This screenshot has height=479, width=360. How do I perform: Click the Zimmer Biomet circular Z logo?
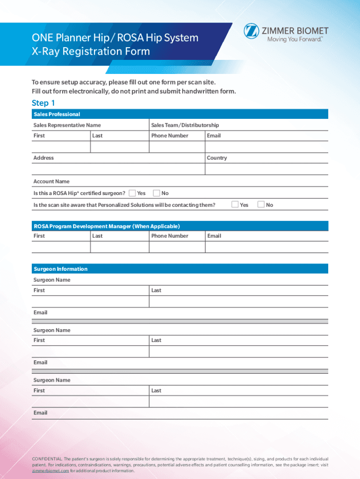click(x=251, y=32)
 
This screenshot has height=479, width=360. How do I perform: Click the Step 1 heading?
click(x=43, y=103)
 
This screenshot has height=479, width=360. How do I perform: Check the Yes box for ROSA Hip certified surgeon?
click(x=132, y=193)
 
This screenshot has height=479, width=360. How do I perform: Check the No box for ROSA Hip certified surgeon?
click(x=157, y=193)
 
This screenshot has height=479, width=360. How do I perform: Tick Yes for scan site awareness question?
click(x=235, y=204)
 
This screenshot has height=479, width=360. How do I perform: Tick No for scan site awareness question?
click(x=261, y=204)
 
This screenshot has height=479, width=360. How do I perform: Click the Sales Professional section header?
click(x=57, y=114)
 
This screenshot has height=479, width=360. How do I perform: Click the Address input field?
click(x=118, y=169)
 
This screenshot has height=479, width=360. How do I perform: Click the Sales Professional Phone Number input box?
click(x=177, y=147)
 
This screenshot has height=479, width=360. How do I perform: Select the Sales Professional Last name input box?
click(x=119, y=147)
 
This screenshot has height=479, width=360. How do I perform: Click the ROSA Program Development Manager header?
click(x=107, y=226)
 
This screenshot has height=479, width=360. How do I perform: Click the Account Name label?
click(x=51, y=181)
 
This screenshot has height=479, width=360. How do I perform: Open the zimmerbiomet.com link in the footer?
click(x=50, y=471)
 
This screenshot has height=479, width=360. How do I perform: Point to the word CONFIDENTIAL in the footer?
click(x=47, y=459)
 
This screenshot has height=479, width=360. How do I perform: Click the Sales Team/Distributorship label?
click(x=185, y=125)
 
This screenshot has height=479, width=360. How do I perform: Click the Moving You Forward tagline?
click(x=295, y=40)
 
